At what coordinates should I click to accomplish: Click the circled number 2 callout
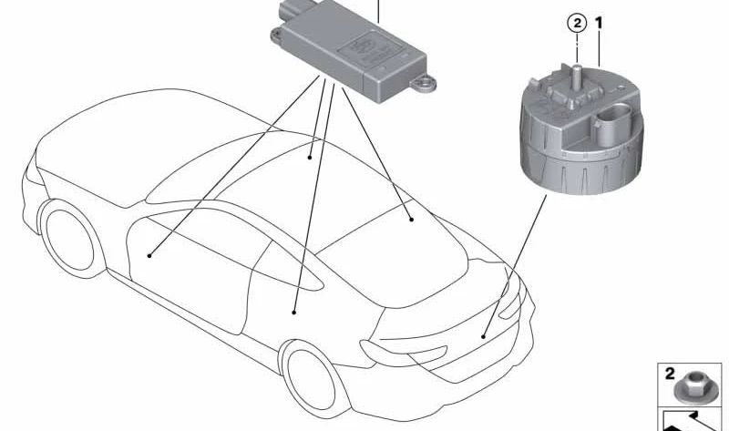577,24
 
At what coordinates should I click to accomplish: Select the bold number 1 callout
599,22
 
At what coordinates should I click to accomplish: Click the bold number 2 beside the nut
669,374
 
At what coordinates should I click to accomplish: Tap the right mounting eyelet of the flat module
423,84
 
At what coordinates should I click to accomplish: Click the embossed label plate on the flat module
371,48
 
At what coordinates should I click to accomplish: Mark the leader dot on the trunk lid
484,336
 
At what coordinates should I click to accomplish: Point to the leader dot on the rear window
412,219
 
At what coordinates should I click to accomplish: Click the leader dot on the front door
149,255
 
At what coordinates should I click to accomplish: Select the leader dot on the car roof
310,158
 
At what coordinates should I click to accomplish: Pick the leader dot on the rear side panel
293,313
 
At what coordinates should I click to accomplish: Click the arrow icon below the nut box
690,420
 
